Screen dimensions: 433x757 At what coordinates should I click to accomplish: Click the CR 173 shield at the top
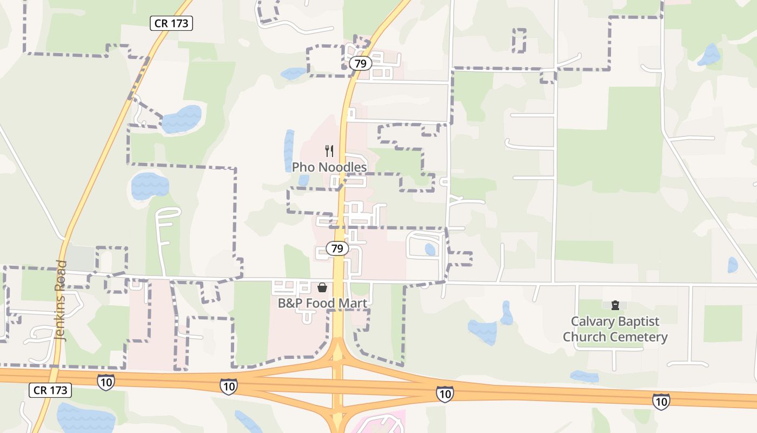click(171, 23)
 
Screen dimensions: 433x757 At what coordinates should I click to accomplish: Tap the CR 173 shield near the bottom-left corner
click(50, 390)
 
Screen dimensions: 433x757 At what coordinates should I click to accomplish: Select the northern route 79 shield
click(360, 63)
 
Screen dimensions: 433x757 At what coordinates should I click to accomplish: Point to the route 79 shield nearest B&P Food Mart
click(337, 248)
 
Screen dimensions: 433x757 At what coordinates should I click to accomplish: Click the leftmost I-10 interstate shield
click(106, 382)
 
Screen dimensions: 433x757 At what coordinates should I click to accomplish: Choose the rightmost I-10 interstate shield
click(660, 401)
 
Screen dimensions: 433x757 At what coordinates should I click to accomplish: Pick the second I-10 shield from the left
click(229, 386)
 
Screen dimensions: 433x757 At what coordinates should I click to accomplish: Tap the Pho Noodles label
click(329, 167)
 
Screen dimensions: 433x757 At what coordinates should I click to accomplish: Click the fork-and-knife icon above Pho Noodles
click(329, 151)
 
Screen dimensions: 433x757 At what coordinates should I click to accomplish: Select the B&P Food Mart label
click(323, 303)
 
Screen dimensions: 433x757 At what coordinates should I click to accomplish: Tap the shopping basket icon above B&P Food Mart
click(322, 287)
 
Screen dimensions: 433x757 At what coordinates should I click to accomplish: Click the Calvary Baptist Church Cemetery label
click(615, 329)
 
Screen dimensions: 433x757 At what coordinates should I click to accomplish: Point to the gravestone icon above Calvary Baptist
click(615, 306)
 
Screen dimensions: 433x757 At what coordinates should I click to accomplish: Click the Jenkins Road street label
click(61, 300)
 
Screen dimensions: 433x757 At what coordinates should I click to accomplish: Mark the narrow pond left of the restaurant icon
click(289, 150)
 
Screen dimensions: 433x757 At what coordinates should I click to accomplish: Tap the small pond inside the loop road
click(430, 250)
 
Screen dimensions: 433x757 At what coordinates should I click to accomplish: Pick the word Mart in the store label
click(353, 303)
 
